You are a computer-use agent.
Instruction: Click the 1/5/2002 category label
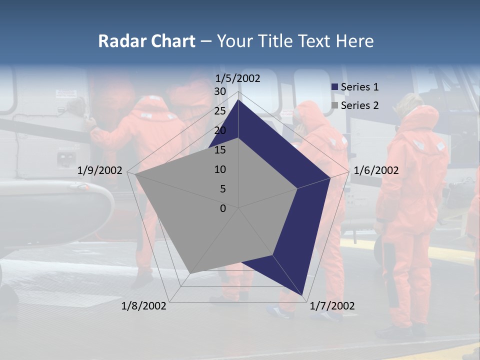(x=238, y=78)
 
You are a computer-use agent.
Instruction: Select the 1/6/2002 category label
(x=376, y=170)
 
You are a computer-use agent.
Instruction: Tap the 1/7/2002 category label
(x=332, y=306)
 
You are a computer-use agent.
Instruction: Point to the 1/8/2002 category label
(x=144, y=306)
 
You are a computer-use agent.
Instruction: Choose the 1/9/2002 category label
(x=100, y=170)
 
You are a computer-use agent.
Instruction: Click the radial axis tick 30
(x=220, y=91)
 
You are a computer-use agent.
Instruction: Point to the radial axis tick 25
(x=220, y=111)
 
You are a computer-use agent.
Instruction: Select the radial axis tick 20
(x=220, y=130)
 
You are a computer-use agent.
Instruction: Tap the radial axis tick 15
(x=220, y=150)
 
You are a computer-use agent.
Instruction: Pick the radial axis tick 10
(x=220, y=169)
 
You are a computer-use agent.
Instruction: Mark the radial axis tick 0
(x=223, y=208)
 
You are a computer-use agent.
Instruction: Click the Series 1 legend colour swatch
(x=335, y=87)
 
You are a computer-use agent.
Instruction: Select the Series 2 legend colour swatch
(x=335, y=105)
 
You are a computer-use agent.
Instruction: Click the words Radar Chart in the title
(x=146, y=41)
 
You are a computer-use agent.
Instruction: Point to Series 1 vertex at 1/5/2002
(x=238, y=100)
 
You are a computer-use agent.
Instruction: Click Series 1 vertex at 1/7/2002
(x=302, y=295)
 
